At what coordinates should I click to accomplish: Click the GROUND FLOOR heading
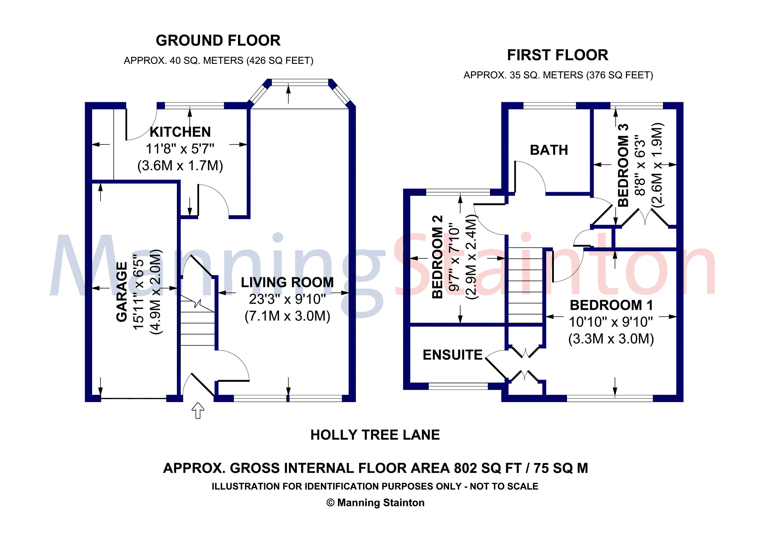point(218,41)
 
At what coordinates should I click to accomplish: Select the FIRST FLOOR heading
point(558,55)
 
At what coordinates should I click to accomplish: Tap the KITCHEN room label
point(180,132)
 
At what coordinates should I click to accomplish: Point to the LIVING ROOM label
point(287,282)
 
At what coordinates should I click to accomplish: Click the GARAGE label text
point(122,291)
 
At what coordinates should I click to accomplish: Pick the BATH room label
point(549,150)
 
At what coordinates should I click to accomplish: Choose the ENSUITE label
point(453,355)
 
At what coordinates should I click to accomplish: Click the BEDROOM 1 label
point(611,305)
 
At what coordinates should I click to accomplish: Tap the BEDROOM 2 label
point(437,257)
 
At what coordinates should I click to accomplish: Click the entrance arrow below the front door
point(198,410)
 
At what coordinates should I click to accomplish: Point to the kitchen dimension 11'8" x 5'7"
point(180,149)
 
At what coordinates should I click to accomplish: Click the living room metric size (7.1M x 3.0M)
point(287,316)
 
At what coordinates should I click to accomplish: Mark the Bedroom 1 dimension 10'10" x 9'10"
point(611,322)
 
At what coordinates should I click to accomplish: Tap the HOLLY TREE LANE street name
point(375,435)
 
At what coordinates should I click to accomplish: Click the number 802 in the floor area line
point(465,468)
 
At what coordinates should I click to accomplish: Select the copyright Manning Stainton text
point(375,503)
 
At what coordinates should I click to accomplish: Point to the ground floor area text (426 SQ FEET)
point(280,61)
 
